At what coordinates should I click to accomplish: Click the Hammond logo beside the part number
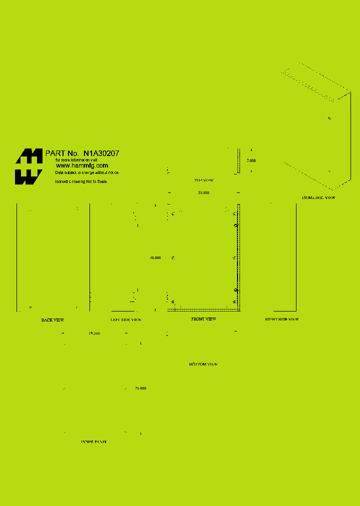(28, 166)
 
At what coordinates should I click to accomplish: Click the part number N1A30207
(101, 153)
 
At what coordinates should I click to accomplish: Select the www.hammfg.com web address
(82, 165)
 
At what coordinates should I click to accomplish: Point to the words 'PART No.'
(62, 153)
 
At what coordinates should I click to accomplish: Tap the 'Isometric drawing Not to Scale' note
(80, 181)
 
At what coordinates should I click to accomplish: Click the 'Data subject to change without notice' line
(87, 172)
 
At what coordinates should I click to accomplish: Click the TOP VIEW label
(204, 180)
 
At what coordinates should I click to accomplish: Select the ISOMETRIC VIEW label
(318, 198)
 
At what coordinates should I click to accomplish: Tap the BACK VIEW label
(52, 320)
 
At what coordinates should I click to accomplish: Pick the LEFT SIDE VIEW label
(126, 320)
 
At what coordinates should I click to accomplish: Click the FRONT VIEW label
(203, 319)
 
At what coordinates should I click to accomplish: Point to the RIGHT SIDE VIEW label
(281, 319)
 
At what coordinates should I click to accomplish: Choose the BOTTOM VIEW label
(203, 364)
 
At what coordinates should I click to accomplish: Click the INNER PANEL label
(94, 442)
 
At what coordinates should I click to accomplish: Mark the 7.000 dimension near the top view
(251, 160)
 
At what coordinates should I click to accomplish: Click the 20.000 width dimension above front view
(203, 192)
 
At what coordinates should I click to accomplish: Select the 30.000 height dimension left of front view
(155, 258)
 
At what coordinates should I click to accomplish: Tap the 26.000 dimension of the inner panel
(140, 388)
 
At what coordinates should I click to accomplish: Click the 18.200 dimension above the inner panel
(94, 333)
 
